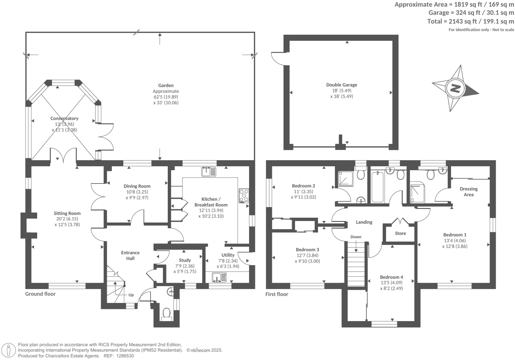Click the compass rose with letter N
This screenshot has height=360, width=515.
click(x=455, y=89)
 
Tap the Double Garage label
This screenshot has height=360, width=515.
click(x=342, y=85)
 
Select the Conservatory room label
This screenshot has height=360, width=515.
click(x=64, y=118)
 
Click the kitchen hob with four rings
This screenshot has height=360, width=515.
click(x=244, y=195)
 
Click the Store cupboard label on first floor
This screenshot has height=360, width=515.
click(x=400, y=233)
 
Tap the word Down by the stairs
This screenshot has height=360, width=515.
click(x=356, y=237)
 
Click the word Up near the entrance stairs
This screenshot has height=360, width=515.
click(x=131, y=295)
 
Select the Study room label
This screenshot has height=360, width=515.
click(x=185, y=260)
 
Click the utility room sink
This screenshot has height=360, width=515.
click(x=219, y=277)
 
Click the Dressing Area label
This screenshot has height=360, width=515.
click(x=469, y=191)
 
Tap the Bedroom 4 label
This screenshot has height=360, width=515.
click(x=391, y=277)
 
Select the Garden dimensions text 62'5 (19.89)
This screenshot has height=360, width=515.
click(x=166, y=97)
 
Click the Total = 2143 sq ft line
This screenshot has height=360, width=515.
click(x=471, y=21)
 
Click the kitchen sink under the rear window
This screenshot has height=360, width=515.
click(x=208, y=172)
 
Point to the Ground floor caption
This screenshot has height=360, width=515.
click(x=40, y=294)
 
